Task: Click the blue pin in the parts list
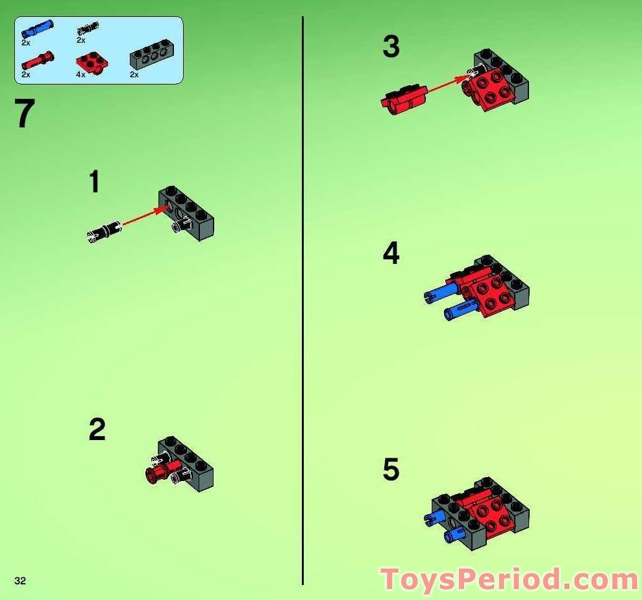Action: [x=38, y=29]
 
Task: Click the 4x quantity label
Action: [x=80, y=75]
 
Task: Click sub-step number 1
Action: [x=95, y=182]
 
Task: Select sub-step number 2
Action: [x=97, y=430]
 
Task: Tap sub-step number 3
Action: [x=391, y=47]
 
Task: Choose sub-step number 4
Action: [x=391, y=254]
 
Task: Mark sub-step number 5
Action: [x=391, y=469]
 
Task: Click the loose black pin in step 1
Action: [x=105, y=231]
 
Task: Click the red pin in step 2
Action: [x=160, y=472]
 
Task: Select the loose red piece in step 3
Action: [x=403, y=99]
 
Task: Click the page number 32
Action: [x=20, y=580]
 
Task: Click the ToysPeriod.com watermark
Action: [x=509, y=579]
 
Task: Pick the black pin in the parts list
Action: [x=88, y=28]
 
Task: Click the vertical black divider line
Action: [x=302, y=299]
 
